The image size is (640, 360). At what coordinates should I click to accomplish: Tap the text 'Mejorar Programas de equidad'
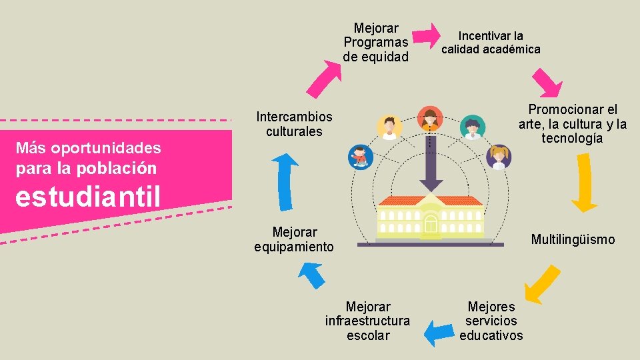pos(376,43)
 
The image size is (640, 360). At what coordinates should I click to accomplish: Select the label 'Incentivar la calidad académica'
pos(491,42)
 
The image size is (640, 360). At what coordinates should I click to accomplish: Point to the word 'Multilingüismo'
pos(573,239)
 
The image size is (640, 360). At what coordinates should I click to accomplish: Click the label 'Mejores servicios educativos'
pos(491,321)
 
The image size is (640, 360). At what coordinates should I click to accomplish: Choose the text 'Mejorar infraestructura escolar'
pos(368,321)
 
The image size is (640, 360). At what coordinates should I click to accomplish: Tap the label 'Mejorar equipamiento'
pos(294,239)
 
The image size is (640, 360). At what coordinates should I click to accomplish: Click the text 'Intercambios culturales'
pos(294,124)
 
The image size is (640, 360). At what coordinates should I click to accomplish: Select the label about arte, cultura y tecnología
pos(573,124)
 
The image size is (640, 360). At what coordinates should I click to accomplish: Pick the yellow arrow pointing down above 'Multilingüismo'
pos(585,183)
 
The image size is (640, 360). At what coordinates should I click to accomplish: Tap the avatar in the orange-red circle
pos(430,119)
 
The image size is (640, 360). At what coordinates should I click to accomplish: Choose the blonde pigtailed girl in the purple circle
pos(499,156)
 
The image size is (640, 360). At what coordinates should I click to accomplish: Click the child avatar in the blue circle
pos(361,157)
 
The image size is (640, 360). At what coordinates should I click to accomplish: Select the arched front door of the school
pos(431,225)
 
